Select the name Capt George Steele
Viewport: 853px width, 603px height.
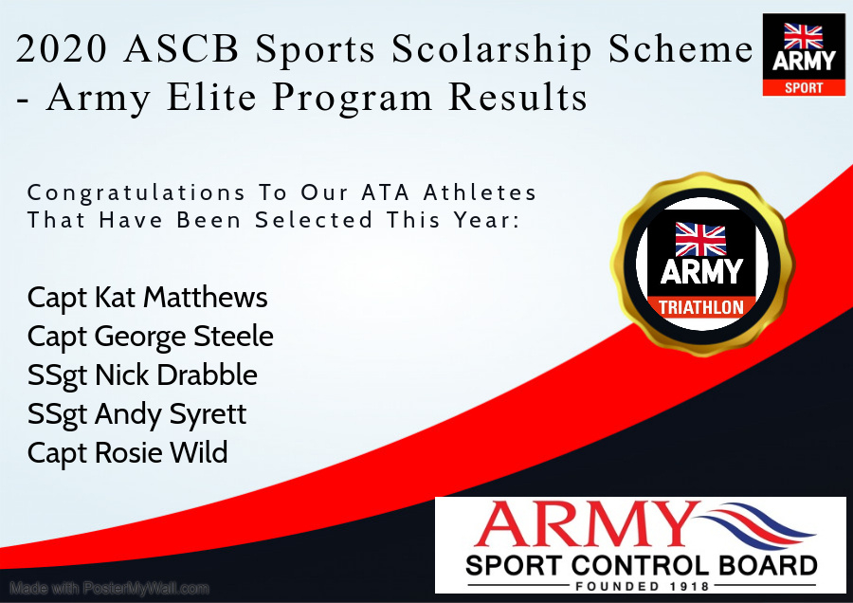click(x=150, y=337)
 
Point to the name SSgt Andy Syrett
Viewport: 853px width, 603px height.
click(x=137, y=415)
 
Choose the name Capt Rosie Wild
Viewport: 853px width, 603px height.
click(x=127, y=453)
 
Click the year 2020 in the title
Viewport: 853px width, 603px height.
click(x=62, y=49)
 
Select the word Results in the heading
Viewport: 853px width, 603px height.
click(x=517, y=98)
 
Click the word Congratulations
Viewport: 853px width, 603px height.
click(x=136, y=193)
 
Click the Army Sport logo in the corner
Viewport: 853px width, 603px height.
click(x=804, y=55)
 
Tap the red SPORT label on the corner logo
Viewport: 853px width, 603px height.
click(x=804, y=87)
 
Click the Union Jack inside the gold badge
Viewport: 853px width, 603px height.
click(x=700, y=239)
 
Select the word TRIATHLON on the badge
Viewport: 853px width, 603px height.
click(x=701, y=307)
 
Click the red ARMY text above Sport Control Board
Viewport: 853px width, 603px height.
click(x=586, y=524)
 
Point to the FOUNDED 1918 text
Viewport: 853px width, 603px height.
click(x=643, y=586)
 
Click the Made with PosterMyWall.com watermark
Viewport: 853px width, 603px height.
click(x=109, y=589)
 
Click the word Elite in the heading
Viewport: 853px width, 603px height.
click(x=211, y=98)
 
